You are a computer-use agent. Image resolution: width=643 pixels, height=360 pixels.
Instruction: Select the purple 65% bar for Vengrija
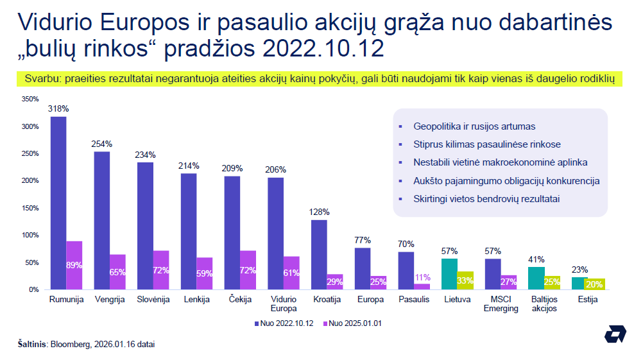coord(117,272)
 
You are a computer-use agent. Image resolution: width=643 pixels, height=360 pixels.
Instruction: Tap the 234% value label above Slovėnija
coord(145,155)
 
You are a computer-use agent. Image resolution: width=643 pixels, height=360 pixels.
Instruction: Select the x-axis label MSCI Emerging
coord(501,304)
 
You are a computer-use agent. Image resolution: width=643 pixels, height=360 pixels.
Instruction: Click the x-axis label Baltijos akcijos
coord(544,304)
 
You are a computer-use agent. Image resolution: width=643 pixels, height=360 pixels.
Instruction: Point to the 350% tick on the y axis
coord(30,99)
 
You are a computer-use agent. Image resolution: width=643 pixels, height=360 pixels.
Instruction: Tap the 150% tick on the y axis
coord(30,208)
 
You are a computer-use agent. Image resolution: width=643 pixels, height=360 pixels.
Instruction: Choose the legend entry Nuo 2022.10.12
coord(284,323)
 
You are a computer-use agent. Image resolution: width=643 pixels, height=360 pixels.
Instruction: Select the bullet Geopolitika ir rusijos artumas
coord(474,126)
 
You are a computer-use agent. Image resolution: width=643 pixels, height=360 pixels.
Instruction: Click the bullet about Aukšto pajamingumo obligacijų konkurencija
coord(506,181)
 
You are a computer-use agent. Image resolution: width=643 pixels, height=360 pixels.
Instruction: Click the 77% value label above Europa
coord(363,240)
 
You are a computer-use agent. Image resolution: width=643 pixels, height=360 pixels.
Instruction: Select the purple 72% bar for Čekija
coord(248,270)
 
